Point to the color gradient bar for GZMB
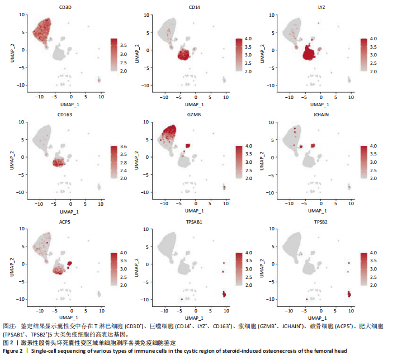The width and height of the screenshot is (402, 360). [x=239, y=162]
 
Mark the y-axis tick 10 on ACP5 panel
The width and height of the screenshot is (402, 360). [x=21, y=229]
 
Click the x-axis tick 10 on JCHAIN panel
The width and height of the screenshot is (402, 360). [x=351, y=201]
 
